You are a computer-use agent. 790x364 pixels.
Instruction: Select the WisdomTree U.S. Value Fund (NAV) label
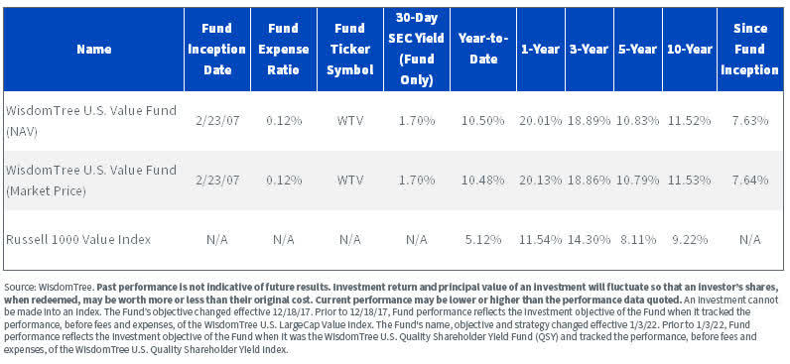(90, 120)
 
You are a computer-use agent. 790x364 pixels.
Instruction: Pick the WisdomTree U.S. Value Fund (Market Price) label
(90, 179)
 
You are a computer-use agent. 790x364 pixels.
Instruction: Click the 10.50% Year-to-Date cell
(483, 120)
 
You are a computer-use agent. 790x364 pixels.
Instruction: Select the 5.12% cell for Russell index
(483, 238)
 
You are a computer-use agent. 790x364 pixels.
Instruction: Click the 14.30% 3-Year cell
(588, 238)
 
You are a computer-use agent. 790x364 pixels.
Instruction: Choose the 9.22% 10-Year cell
(689, 238)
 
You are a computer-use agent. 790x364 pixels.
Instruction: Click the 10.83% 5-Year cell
(638, 120)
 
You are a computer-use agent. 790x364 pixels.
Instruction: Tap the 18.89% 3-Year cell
(588, 120)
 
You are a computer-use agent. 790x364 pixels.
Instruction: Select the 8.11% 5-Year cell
(638, 238)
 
